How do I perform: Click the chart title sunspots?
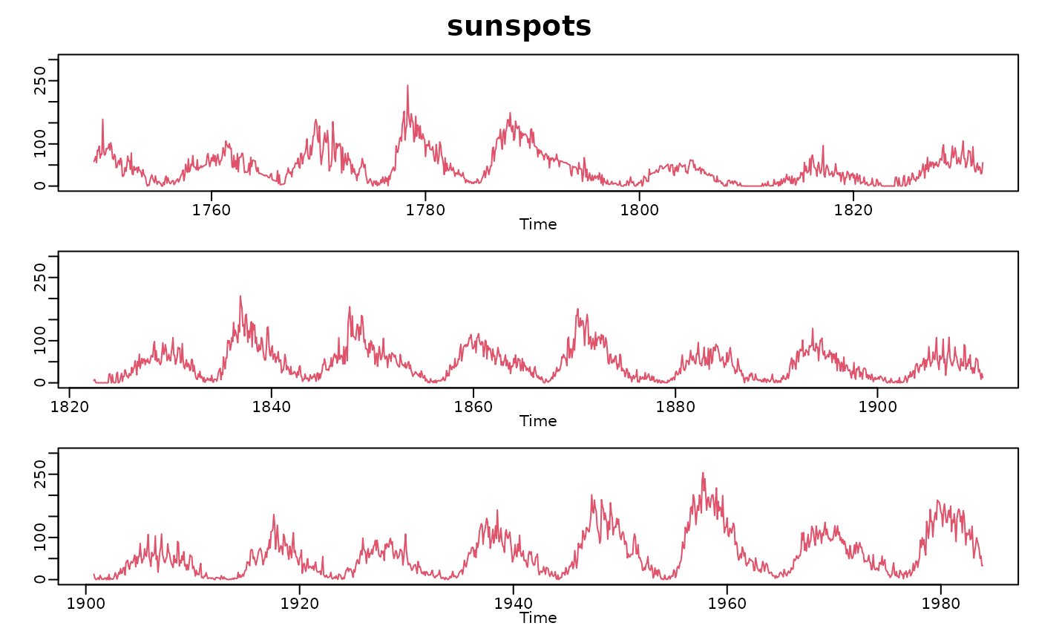[x=519, y=27]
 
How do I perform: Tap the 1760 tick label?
[x=212, y=209]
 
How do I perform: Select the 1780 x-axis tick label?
[x=425, y=209]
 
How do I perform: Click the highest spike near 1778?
[x=407, y=85]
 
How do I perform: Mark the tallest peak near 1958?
[x=703, y=473]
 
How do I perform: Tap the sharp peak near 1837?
[x=240, y=296]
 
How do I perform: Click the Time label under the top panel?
[x=538, y=223]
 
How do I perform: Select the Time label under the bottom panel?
[x=538, y=617]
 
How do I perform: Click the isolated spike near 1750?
[x=102, y=120]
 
